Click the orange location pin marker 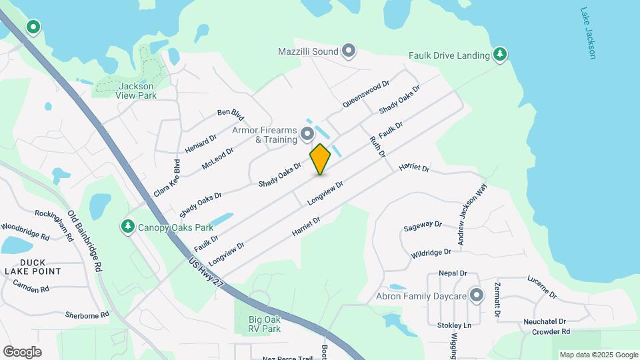(320, 159)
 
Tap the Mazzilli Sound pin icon (349, 51)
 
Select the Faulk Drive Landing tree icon (499, 54)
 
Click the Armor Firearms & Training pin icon (307, 135)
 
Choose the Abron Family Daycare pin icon (476, 295)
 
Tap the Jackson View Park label (136, 91)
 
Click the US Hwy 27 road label (205, 273)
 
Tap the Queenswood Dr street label (366, 95)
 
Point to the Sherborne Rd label (87, 315)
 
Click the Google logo (22, 352)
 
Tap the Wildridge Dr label (431, 254)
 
